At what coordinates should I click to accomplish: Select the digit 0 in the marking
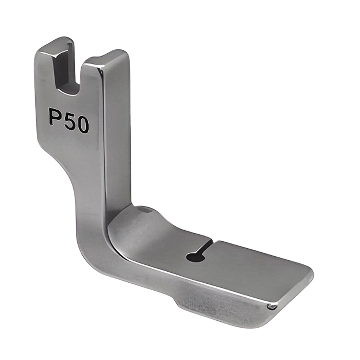point(82,125)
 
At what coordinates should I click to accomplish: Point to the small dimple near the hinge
point(143,209)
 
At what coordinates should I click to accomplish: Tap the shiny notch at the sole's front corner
point(273,306)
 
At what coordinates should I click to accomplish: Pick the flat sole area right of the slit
point(252,266)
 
